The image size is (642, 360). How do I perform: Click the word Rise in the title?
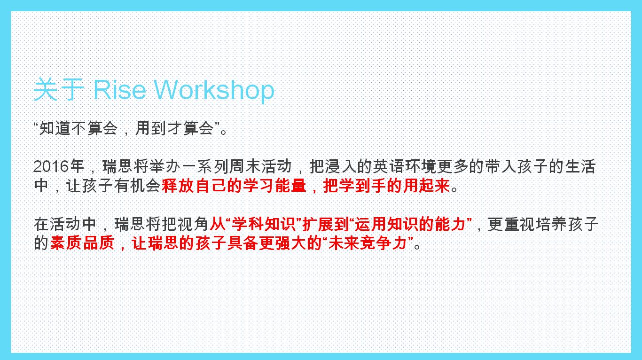click(x=120, y=90)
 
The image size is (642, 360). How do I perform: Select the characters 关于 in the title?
click(x=59, y=90)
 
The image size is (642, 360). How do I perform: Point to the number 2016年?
click(x=58, y=166)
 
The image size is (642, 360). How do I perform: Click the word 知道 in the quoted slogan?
click(x=55, y=128)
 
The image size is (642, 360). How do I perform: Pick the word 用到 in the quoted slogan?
click(x=150, y=128)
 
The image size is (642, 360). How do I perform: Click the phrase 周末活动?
click(x=260, y=166)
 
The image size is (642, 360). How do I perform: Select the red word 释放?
click(x=178, y=186)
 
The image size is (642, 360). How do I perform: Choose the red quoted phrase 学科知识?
click(x=264, y=224)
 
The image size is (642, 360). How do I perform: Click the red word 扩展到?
click(x=326, y=224)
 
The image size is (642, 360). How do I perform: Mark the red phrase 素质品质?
click(x=82, y=243)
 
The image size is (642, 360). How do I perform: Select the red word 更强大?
click(x=282, y=243)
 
